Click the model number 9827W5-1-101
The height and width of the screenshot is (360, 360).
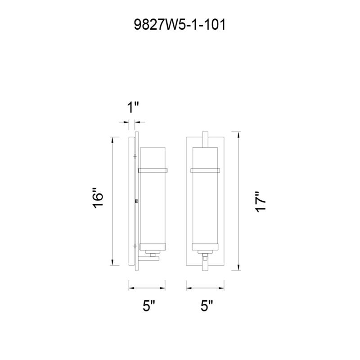pos(180,25)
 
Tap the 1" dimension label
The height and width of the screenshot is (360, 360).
pos(133,107)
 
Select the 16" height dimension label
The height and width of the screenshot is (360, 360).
pos(98,198)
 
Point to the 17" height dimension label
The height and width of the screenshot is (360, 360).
pos(261,202)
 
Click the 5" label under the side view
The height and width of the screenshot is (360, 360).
pos(149,306)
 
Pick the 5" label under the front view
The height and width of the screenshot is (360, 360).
pos(207,306)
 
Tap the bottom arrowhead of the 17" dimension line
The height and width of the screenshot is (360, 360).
pos(239,267)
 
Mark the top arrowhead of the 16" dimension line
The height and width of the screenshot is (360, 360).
pos(112,140)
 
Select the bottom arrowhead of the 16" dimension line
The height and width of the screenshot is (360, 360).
pos(112,262)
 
